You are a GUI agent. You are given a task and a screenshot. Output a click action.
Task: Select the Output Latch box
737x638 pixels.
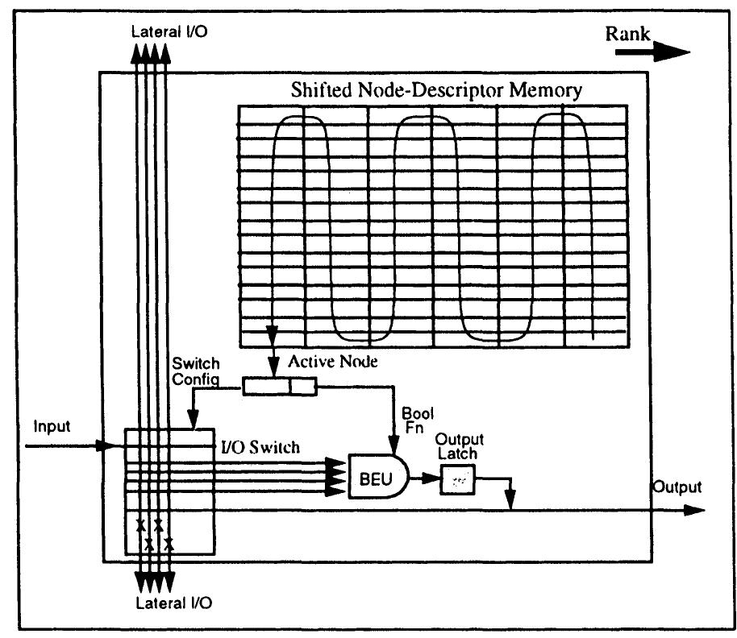(x=457, y=481)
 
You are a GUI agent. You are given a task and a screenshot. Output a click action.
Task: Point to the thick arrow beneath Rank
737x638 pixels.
(x=652, y=52)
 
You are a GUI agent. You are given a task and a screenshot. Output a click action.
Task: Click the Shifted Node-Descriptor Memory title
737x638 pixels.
(x=435, y=89)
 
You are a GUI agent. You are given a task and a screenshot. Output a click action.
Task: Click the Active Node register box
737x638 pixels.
(x=280, y=388)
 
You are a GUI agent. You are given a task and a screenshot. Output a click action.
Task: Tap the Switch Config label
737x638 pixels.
(x=196, y=371)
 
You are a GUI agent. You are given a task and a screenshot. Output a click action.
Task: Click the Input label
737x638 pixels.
(x=50, y=427)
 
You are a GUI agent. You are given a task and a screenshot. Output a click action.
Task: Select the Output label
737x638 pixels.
(x=677, y=487)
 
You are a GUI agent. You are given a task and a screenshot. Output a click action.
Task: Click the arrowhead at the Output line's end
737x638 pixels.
(x=695, y=510)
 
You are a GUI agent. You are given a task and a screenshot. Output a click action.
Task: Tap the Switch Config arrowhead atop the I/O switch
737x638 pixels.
(x=192, y=422)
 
